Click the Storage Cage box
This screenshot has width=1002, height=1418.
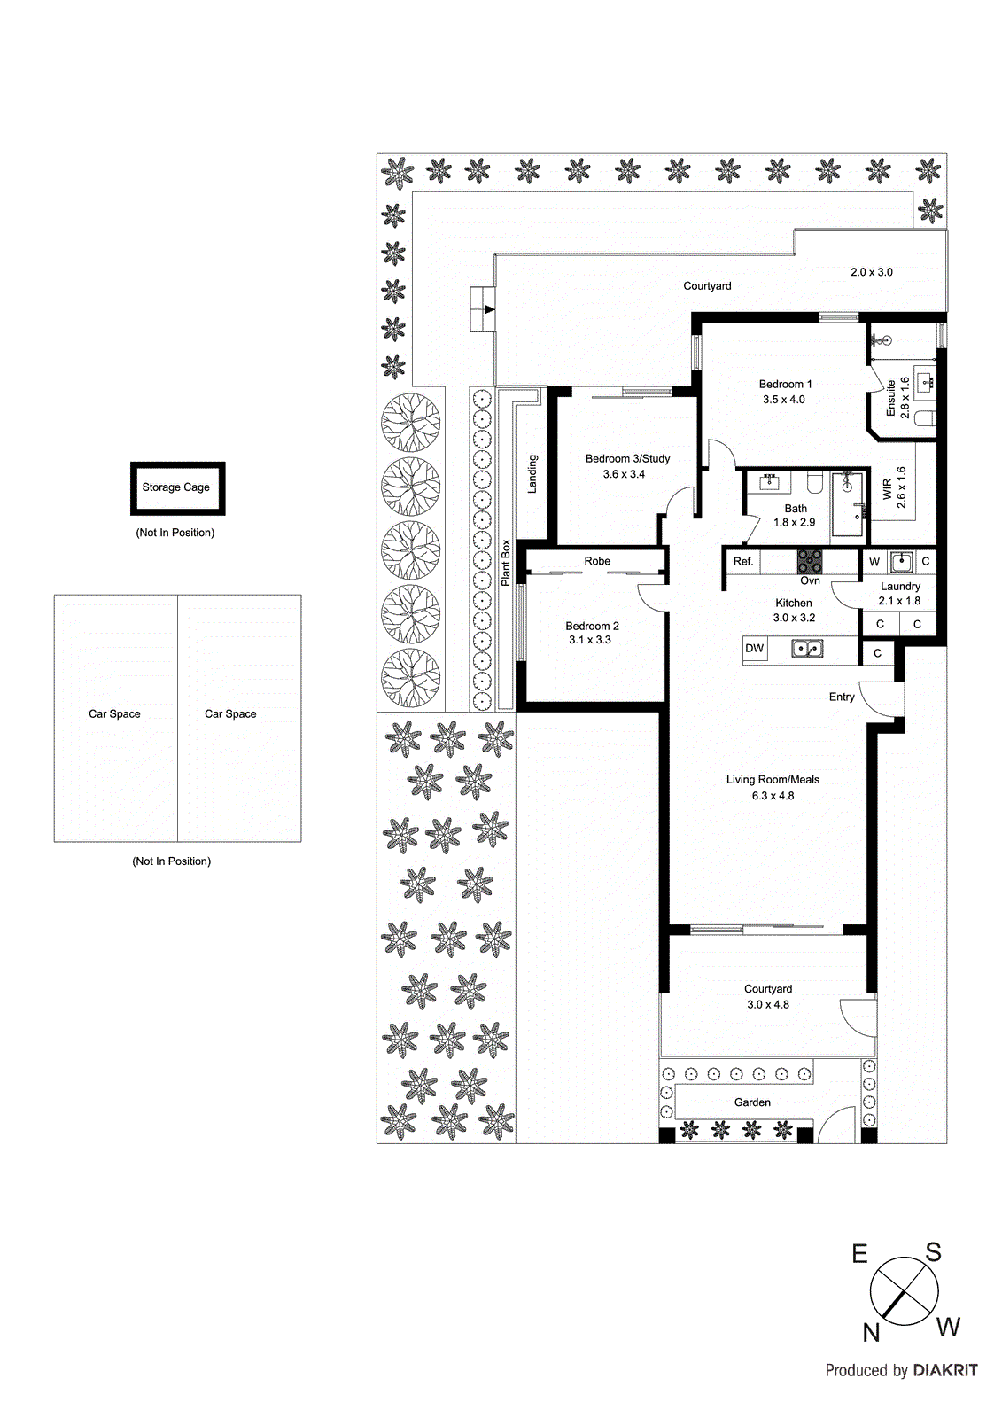[177, 487]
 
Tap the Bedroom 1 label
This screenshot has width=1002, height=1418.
[785, 384]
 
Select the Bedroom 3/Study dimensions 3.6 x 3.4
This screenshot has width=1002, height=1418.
[624, 474]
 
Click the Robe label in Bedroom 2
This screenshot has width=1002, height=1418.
[597, 561]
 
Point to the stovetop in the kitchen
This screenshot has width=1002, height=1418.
[809, 562]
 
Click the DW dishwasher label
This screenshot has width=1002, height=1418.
[754, 648]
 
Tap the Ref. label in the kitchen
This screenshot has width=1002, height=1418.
[742, 561]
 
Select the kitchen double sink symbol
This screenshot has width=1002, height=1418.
[806, 650]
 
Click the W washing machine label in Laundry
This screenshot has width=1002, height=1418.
[874, 562]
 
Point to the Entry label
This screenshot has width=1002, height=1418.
[842, 697]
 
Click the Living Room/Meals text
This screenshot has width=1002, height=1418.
[773, 780]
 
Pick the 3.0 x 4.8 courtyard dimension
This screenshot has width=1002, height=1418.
[767, 1004]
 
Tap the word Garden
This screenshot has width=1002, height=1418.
[752, 1102]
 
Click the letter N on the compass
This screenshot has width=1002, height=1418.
[871, 1332]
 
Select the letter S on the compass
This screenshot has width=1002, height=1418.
[933, 1252]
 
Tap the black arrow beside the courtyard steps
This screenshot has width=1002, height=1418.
[489, 309]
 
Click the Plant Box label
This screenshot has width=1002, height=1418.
[506, 563]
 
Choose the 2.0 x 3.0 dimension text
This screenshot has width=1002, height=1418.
[872, 272]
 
